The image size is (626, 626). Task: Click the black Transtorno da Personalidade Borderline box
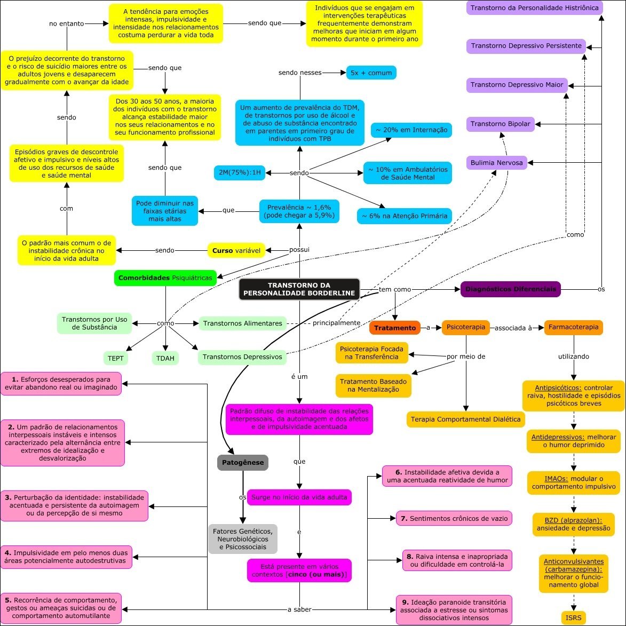299,289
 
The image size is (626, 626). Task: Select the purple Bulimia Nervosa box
496,162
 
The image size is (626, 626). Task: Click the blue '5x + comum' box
371,73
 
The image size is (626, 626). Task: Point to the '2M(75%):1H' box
239,173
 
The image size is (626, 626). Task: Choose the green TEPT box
116,358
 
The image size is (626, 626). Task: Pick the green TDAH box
165,358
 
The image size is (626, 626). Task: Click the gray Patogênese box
242,462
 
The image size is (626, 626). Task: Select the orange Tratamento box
394,328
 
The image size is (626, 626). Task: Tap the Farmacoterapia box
573,327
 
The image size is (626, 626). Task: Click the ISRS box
574,618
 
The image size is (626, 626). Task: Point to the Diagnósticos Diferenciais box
510,289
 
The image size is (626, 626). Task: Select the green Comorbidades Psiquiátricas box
165,278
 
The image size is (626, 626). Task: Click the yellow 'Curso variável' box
236,250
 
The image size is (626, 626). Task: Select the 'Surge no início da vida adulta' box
299,497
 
